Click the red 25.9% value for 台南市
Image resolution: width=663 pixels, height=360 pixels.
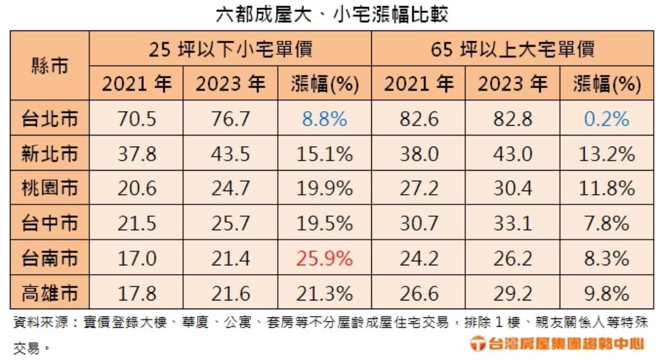click(x=324, y=258)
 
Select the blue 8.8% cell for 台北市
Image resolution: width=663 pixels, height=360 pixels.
click(x=324, y=120)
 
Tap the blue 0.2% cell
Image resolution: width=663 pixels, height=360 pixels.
click(x=606, y=120)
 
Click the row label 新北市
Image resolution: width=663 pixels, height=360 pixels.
click(x=50, y=154)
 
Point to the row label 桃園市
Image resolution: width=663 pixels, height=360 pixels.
click(x=50, y=189)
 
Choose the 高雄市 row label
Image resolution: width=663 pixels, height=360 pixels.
click(x=50, y=292)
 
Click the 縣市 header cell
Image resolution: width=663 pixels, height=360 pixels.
click(x=50, y=66)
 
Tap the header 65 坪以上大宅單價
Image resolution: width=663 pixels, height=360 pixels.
click(x=512, y=49)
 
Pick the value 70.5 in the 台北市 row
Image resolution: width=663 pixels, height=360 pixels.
click(x=137, y=120)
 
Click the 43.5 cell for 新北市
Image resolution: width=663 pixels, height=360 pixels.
click(x=231, y=154)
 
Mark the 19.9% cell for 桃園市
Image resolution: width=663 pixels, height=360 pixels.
click(x=324, y=189)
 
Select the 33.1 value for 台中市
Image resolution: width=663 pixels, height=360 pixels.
click(x=513, y=223)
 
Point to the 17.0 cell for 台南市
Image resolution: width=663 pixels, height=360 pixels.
click(x=137, y=258)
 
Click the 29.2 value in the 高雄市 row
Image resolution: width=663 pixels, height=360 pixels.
click(x=513, y=292)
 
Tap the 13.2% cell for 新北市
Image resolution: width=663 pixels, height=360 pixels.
click(x=606, y=154)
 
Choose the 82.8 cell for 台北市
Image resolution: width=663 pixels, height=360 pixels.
click(x=513, y=120)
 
